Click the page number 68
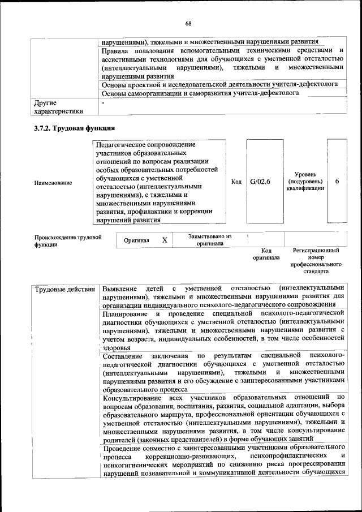click(188, 23)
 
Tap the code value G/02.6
click(260, 182)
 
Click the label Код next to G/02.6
click(236, 182)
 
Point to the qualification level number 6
click(337, 182)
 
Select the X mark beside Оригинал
click(165, 240)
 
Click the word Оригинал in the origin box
click(136, 240)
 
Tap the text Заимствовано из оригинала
click(210, 240)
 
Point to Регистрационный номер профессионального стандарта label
click(316, 260)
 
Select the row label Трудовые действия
click(65, 290)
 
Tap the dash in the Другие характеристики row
click(104, 104)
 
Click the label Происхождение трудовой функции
click(68, 240)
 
